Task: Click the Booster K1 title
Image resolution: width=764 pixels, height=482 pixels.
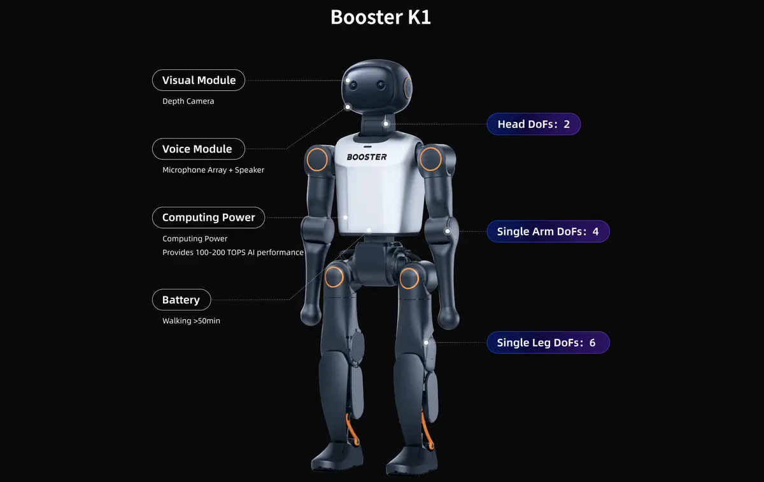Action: pyautogui.click(x=381, y=17)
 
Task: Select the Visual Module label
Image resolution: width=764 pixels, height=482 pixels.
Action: pyautogui.click(x=199, y=80)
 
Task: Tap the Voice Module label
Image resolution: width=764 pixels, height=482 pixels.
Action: pyautogui.click(x=197, y=149)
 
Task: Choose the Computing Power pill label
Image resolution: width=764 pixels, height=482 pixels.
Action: pyautogui.click(x=208, y=217)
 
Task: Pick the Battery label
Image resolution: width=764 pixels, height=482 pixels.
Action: pyautogui.click(x=181, y=300)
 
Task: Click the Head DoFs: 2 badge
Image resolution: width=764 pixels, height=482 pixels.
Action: pyautogui.click(x=534, y=124)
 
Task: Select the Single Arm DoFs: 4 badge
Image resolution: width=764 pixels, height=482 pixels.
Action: pyautogui.click(x=548, y=231)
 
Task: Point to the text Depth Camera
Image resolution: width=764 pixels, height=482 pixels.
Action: pyautogui.click(x=188, y=101)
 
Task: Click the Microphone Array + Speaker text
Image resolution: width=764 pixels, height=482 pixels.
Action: pyautogui.click(x=213, y=170)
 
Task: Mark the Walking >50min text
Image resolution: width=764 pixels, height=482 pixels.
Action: pyautogui.click(x=191, y=320)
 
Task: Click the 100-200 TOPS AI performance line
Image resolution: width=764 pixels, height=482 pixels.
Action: pyautogui.click(x=233, y=252)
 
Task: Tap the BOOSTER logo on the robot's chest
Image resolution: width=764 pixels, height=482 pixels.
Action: pyautogui.click(x=367, y=156)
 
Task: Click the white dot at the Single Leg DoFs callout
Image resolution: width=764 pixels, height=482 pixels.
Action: pyautogui.click(x=428, y=342)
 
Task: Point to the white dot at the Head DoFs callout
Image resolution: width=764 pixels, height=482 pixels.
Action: pyautogui.click(x=386, y=123)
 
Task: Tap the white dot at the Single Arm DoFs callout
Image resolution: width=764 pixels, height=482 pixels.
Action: pyautogui.click(x=448, y=231)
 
